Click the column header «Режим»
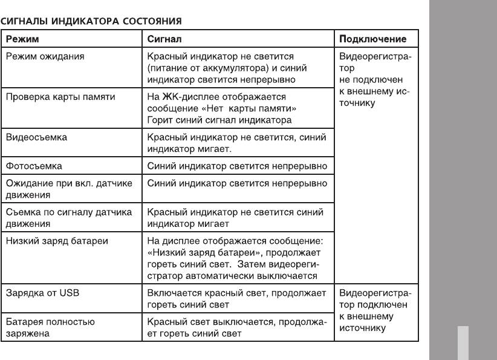coord(22,39)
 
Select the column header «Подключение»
coord(372,39)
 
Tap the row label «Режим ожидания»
coord(45,56)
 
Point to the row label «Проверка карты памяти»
coord(60,97)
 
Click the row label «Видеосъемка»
coord(36,137)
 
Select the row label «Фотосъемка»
coord(34,165)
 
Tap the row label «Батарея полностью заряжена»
coord(50,327)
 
